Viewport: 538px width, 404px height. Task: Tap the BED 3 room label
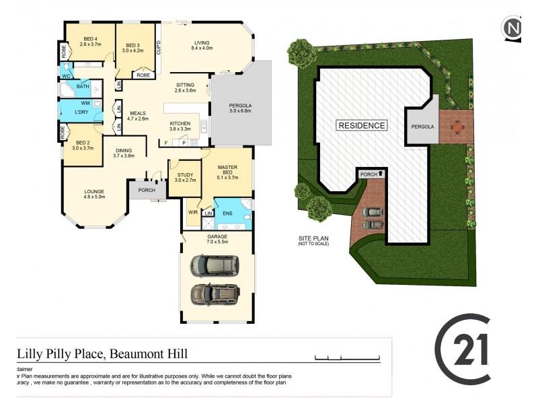133,46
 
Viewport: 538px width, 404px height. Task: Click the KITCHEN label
180,127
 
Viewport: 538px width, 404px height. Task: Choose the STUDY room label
184,177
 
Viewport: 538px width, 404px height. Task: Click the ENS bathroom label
227,213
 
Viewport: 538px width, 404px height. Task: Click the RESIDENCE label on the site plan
362,125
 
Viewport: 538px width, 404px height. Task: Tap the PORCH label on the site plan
369,174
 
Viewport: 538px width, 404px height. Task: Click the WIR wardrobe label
193,212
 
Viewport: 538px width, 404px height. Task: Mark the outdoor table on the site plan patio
457,126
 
